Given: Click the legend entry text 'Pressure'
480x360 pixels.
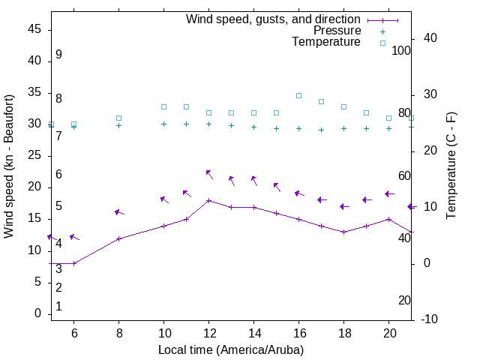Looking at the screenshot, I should pyautogui.click(x=337, y=31).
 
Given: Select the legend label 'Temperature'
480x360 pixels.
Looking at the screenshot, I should pyautogui.click(x=326, y=42).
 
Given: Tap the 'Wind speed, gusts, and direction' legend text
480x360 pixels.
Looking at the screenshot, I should pyautogui.click(x=274, y=19).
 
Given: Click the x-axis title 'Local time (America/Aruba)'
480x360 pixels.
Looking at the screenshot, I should pyautogui.click(x=231, y=349).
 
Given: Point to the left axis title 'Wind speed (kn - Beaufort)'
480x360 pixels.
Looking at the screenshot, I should pyautogui.click(x=9, y=166).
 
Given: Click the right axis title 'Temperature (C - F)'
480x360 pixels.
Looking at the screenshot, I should pyautogui.click(x=451, y=166).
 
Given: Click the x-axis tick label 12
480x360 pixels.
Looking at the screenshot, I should pyautogui.click(x=208, y=333).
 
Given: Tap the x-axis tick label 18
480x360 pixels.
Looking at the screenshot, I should pyautogui.click(x=343, y=333).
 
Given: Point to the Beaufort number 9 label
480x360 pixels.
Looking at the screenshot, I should pyautogui.click(x=58, y=55).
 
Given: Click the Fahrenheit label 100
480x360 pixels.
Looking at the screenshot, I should pyautogui.click(x=401, y=50).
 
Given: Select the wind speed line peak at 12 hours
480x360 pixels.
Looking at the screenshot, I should pyautogui.click(x=208, y=200).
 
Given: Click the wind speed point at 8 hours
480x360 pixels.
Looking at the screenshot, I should pyautogui.click(x=118, y=238).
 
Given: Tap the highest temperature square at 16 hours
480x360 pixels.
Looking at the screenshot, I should pyautogui.click(x=298, y=95).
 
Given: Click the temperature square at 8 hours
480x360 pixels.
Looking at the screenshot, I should pyautogui.click(x=118, y=118).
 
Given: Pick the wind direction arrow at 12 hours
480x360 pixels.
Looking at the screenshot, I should pyautogui.click(x=209, y=174).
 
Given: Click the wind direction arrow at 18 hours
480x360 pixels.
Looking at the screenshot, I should pyautogui.click(x=344, y=206).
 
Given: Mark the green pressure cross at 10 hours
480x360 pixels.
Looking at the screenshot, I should pyautogui.click(x=163, y=124).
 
